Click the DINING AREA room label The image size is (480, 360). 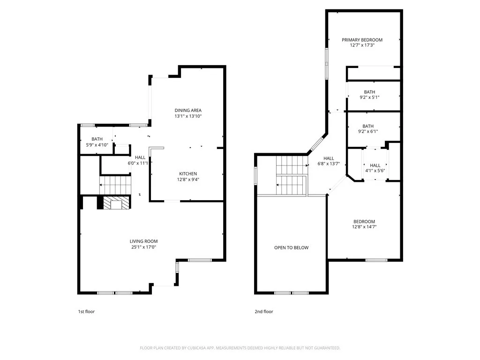[x=188, y=110]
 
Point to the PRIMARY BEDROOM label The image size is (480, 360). [x=362, y=40]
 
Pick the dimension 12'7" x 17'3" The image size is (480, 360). [x=362, y=45]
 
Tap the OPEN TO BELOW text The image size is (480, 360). [x=291, y=247]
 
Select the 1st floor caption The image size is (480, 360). [x=86, y=311]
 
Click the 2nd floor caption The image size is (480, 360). [x=263, y=311]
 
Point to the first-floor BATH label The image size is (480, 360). [x=97, y=139]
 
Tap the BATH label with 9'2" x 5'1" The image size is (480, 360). [x=369, y=92]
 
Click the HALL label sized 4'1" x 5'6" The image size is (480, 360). [x=375, y=165]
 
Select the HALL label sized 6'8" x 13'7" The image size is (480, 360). [x=329, y=158]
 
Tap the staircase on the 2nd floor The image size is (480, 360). [x=291, y=176]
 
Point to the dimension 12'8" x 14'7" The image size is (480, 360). [x=364, y=227]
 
